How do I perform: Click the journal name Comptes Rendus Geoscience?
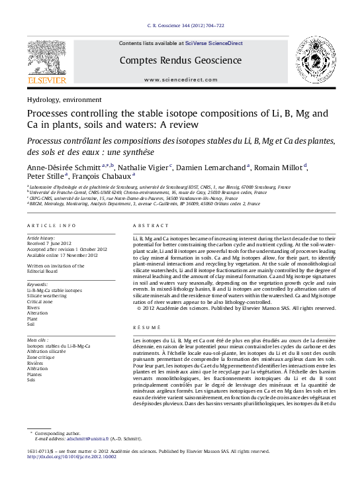[x=180, y=60]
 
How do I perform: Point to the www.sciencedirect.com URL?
[x=180, y=79]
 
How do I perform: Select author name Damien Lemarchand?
[x=212, y=166]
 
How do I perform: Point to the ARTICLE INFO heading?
[x=52, y=226]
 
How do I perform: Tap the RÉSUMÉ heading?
[x=146, y=327]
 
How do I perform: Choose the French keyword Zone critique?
[x=42, y=358]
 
